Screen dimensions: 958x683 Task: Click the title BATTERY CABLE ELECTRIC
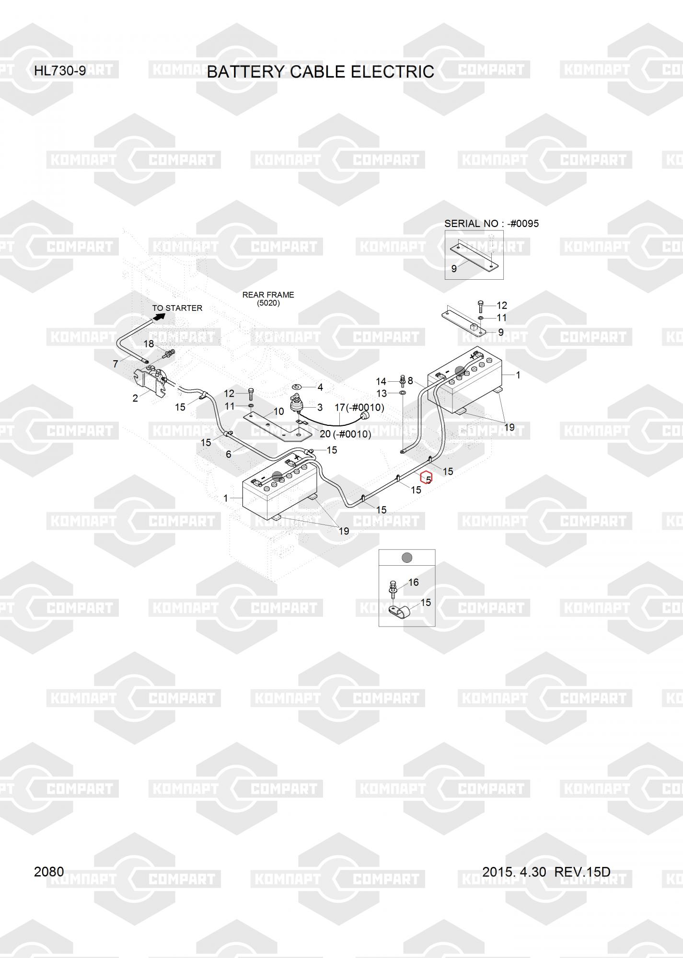[x=320, y=72]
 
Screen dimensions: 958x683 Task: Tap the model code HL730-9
[x=60, y=71]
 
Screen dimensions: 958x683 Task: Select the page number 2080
[x=49, y=871]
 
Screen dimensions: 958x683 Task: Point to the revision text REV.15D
[x=582, y=872]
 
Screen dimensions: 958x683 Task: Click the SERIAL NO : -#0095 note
[x=491, y=224]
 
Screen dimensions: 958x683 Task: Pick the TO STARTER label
[x=177, y=308]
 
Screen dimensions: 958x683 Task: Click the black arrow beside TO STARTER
[x=159, y=317]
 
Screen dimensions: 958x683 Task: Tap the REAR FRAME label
[x=268, y=295]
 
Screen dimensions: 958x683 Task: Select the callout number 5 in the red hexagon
[x=427, y=478]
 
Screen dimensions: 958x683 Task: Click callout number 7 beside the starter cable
[x=116, y=364]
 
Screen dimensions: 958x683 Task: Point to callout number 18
[x=149, y=344]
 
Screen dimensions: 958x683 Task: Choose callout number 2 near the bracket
[x=135, y=398]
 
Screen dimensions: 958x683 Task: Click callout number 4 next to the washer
[x=320, y=387]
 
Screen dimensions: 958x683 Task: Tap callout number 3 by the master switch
[x=320, y=408]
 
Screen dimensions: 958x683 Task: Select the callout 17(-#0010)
[x=359, y=408]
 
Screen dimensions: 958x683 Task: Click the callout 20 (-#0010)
[x=345, y=434]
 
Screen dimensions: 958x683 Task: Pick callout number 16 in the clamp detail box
[x=413, y=582]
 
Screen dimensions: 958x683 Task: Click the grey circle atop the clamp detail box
[x=406, y=558]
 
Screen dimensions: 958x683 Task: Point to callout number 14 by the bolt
[x=381, y=381]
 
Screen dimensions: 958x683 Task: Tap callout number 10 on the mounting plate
[x=278, y=411]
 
